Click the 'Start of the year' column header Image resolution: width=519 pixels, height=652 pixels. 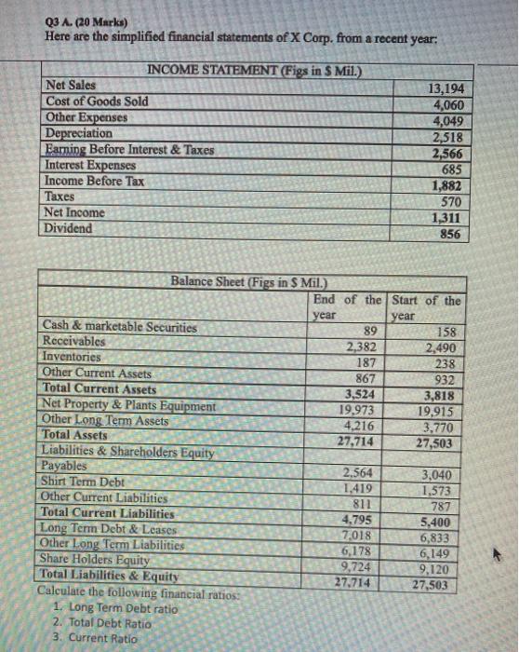click(426, 306)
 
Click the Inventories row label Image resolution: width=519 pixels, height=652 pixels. click(75, 356)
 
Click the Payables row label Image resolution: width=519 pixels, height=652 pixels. click(65, 466)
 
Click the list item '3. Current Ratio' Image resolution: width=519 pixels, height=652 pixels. click(96, 639)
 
